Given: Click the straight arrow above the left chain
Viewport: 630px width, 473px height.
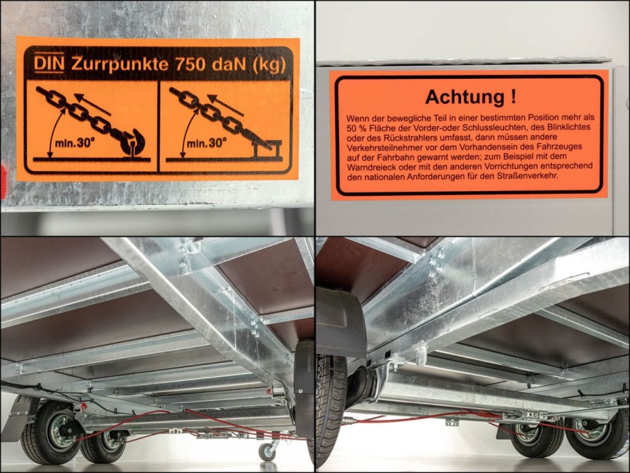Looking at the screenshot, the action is [x=93, y=104].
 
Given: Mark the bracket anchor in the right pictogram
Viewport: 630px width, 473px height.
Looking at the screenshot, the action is [x=267, y=149].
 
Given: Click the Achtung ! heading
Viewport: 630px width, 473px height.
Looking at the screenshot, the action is [x=471, y=96].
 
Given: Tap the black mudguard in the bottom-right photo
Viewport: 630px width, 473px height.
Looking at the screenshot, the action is [x=340, y=322].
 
